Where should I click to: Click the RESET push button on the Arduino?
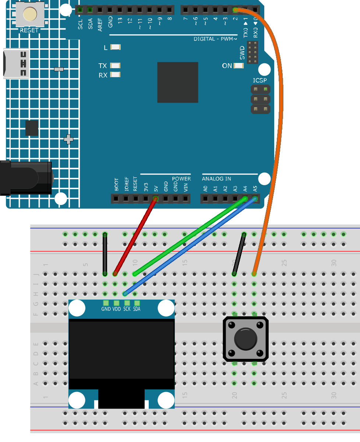point(30,14)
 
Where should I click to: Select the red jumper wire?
point(135,237)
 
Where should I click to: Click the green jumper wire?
point(190,237)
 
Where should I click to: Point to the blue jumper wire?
point(190,247)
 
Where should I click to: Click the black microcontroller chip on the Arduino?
point(178,82)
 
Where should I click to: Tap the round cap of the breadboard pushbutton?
point(246,339)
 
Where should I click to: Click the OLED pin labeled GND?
point(106,303)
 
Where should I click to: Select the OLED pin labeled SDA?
point(137,303)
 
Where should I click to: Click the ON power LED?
point(239,66)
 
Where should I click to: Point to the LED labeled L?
point(115,47)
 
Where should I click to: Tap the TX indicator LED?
point(115,66)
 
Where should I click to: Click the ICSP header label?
point(260,80)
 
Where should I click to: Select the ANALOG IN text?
point(216,178)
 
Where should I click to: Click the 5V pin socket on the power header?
point(156,199)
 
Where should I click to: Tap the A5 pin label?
point(255,189)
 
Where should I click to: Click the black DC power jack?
point(26,178)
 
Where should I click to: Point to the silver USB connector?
point(16,64)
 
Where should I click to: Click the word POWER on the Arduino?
point(181,178)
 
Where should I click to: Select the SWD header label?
point(242,53)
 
